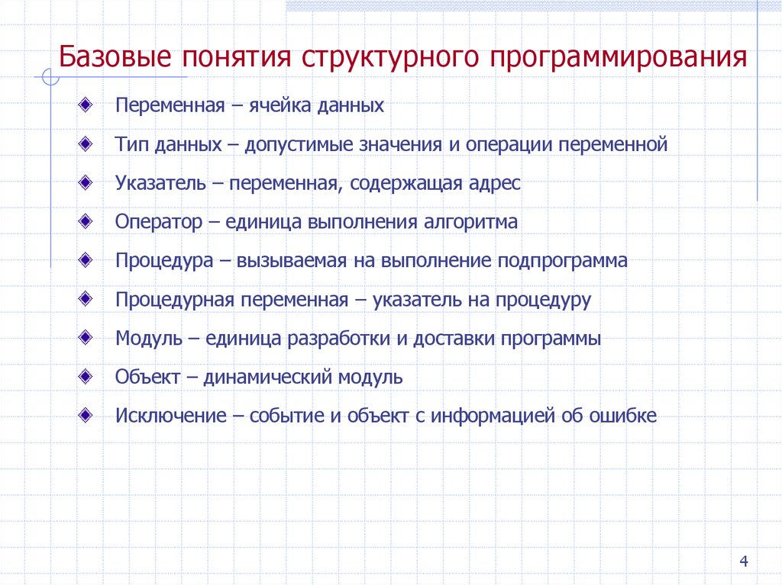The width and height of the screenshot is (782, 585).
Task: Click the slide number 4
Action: tap(744, 562)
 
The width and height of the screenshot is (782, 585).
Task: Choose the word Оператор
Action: tap(159, 222)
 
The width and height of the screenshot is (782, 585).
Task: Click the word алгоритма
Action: tap(472, 222)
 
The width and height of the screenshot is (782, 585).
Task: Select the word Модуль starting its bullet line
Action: tap(148, 339)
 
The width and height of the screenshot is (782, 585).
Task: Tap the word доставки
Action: tap(454, 339)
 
